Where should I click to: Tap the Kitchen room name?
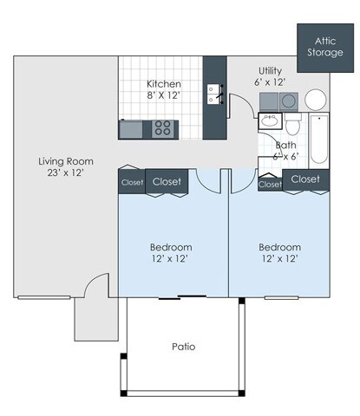[x=162, y=84]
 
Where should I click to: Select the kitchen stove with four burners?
[x=162, y=129]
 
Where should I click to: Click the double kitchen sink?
[x=213, y=94]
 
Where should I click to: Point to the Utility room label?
[x=272, y=70]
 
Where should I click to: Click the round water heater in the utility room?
[x=315, y=99]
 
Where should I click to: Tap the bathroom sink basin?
[x=268, y=121]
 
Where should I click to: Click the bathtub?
[x=318, y=139]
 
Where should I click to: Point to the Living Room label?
[x=66, y=161]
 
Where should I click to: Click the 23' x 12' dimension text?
[x=66, y=173]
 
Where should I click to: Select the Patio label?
[x=183, y=347]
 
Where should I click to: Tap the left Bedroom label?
[x=170, y=246]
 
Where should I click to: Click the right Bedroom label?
[x=280, y=246]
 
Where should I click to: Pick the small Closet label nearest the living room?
[x=132, y=182]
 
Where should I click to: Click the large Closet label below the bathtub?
[x=305, y=179]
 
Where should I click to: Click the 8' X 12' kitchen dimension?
[x=162, y=95]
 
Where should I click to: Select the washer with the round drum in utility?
[x=289, y=101]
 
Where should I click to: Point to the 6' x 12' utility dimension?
[x=272, y=82]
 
